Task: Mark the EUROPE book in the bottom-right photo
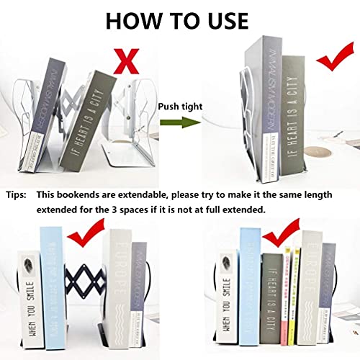(312, 288)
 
